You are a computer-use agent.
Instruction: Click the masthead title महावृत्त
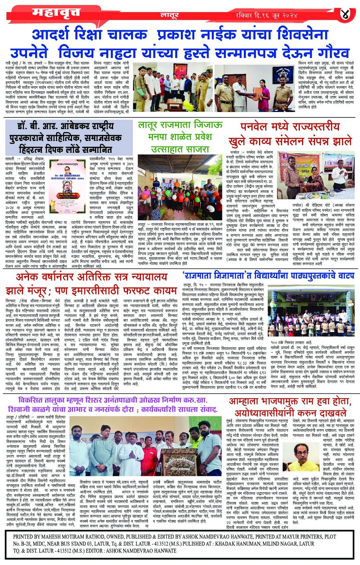tap(56, 13)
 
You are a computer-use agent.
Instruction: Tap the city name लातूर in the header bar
tap(169, 15)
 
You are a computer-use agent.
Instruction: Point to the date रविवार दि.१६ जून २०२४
tap(266, 15)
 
